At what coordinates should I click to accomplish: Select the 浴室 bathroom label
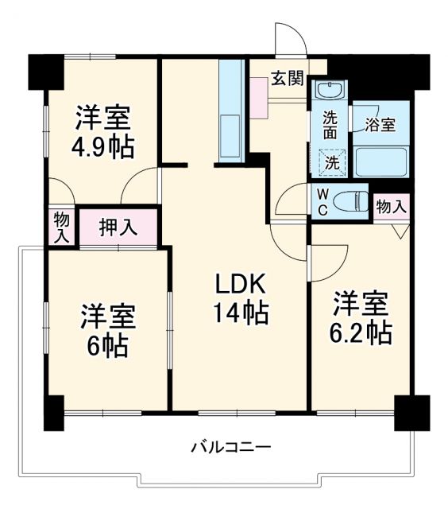pyautogui.click(x=380, y=124)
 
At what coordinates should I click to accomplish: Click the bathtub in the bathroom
pyautogui.click(x=381, y=161)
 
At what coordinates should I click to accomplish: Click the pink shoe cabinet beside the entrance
pyautogui.click(x=260, y=99)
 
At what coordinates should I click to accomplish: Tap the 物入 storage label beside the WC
pyautogui.click(x=391, y=207)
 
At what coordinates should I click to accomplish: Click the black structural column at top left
pyautogui.click(x=47, y=72)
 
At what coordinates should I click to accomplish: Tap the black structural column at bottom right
pyautogui.click(x=412, y=412)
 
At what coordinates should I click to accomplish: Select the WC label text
pyautogui.click(x=323, y=202)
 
